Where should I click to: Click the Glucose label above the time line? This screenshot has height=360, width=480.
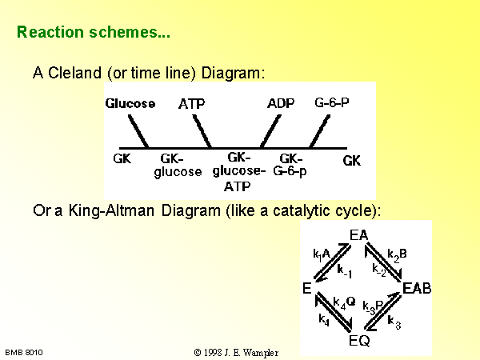click(130, 103)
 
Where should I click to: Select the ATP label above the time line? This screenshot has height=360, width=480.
click(192, 104)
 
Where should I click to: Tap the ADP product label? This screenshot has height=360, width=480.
click(281, 103)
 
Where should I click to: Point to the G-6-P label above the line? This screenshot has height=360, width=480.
click(332, 102)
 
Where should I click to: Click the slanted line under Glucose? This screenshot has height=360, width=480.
click(138, 132)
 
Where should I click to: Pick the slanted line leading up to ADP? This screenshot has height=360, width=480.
click(270, 132)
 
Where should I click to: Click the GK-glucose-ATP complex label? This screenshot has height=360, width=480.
click(239, 172)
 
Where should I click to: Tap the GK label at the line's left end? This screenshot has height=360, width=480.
click(122, 159)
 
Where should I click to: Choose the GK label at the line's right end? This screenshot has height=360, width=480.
click(352, 161)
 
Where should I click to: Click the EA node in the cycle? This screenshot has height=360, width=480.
click(358, 235)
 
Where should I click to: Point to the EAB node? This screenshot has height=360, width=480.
click(417, 288)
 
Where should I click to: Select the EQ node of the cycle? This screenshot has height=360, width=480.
click(359, 341)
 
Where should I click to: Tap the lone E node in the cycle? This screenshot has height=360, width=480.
click(307, 288)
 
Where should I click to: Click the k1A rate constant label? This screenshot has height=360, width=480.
click(322, 254)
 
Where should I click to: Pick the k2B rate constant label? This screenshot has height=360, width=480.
click(397, 255)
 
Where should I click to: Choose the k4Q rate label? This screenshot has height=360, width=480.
click(344, 302)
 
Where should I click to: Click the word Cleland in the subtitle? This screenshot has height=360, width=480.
click(74, 73)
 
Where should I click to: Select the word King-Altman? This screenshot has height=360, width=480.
click(111, 211)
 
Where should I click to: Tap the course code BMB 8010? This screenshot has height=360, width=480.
click(24, 353)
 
